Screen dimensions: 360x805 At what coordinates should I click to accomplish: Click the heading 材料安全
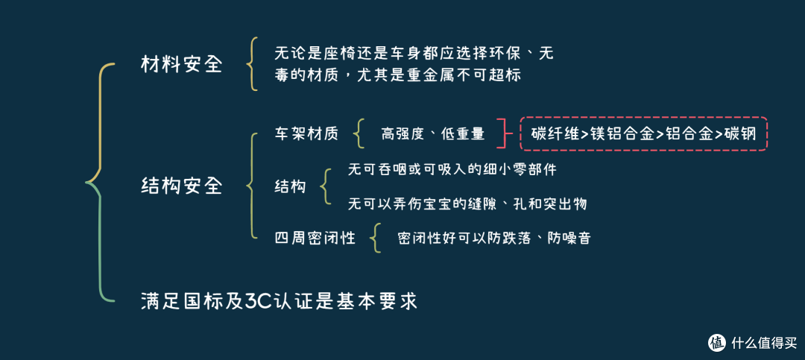[x=182, y=64]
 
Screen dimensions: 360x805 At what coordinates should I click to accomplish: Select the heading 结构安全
[x=182, y=186]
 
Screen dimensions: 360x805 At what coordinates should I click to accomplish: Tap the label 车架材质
[x=306, y=134]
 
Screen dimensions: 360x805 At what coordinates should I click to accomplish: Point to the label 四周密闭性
[x=315, y=239]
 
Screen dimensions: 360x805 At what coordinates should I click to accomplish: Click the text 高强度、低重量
[x=432, y=134]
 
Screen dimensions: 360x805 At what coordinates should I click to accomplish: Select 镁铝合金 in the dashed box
[x=622, y=134]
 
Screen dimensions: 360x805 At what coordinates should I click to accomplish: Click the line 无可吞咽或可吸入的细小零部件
[x=452, y=170]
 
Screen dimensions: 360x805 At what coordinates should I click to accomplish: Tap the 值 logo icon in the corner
[x=716, y=342]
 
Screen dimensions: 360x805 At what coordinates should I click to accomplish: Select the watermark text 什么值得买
[x=762, y=342]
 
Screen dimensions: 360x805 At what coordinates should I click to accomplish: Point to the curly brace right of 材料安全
[x=252, y=64]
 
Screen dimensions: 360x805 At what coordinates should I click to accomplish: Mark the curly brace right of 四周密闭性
[x=377, y=239]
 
